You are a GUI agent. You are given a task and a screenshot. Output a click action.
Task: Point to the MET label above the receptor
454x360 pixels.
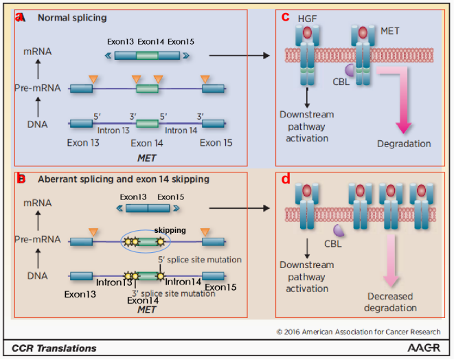click(390, 32)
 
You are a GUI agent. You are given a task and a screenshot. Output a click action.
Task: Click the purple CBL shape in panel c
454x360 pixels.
click(350, 69)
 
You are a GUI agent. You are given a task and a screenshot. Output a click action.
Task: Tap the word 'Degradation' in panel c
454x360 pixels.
click(404, 144)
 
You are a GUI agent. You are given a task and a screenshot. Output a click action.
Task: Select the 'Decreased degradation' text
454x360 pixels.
click(390, 302)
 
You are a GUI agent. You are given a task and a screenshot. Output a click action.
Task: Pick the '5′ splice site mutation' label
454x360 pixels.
click(200, 260)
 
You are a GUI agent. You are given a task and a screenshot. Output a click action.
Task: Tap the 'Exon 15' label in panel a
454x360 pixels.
click(216, 143)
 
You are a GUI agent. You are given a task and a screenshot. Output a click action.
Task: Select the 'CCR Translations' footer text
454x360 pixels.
click(54, 348)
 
